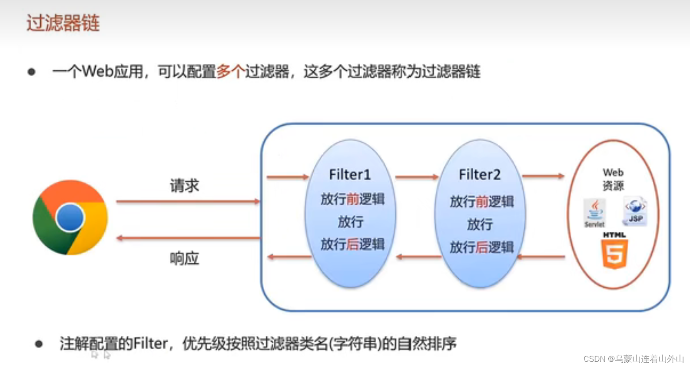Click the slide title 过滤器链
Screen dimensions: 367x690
63,23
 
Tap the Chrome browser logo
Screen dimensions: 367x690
70,217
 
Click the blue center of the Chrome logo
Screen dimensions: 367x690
70,217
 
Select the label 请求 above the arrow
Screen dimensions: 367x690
184,186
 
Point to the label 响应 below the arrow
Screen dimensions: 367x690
184,258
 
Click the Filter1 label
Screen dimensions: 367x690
350,175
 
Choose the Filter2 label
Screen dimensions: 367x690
480,175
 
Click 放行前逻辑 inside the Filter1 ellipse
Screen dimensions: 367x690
352,199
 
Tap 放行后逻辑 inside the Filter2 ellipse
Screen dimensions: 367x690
481,247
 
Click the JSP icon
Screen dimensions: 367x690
635,211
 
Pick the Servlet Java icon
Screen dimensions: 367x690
594,213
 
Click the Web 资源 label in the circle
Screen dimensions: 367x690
613,179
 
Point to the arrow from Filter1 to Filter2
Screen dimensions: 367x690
417,177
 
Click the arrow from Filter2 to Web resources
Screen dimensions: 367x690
543,176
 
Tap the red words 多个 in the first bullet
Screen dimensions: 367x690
230,71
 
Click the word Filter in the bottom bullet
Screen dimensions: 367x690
150,344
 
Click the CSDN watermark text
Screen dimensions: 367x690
634,359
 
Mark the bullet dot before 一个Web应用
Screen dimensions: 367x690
31,72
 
